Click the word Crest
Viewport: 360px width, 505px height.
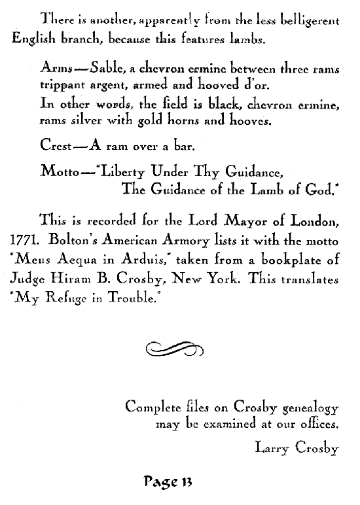[56, 148]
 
